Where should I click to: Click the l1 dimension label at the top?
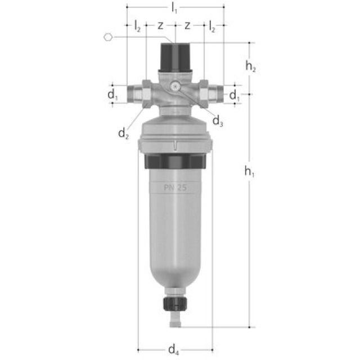tap(175, 8)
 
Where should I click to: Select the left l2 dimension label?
tap(137, 26)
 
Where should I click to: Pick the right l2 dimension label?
tap(212, 26)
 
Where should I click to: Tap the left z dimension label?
tap(160, 26)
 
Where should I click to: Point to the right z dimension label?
tap(187, 26)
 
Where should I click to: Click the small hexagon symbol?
tap(109, 37)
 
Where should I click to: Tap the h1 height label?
tap(250, 173)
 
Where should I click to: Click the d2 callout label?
tap(124, 133)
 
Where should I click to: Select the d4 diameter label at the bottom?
tap(174, 349)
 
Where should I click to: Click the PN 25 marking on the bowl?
tap(175, 187)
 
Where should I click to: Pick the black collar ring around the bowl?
tap(175, 162)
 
